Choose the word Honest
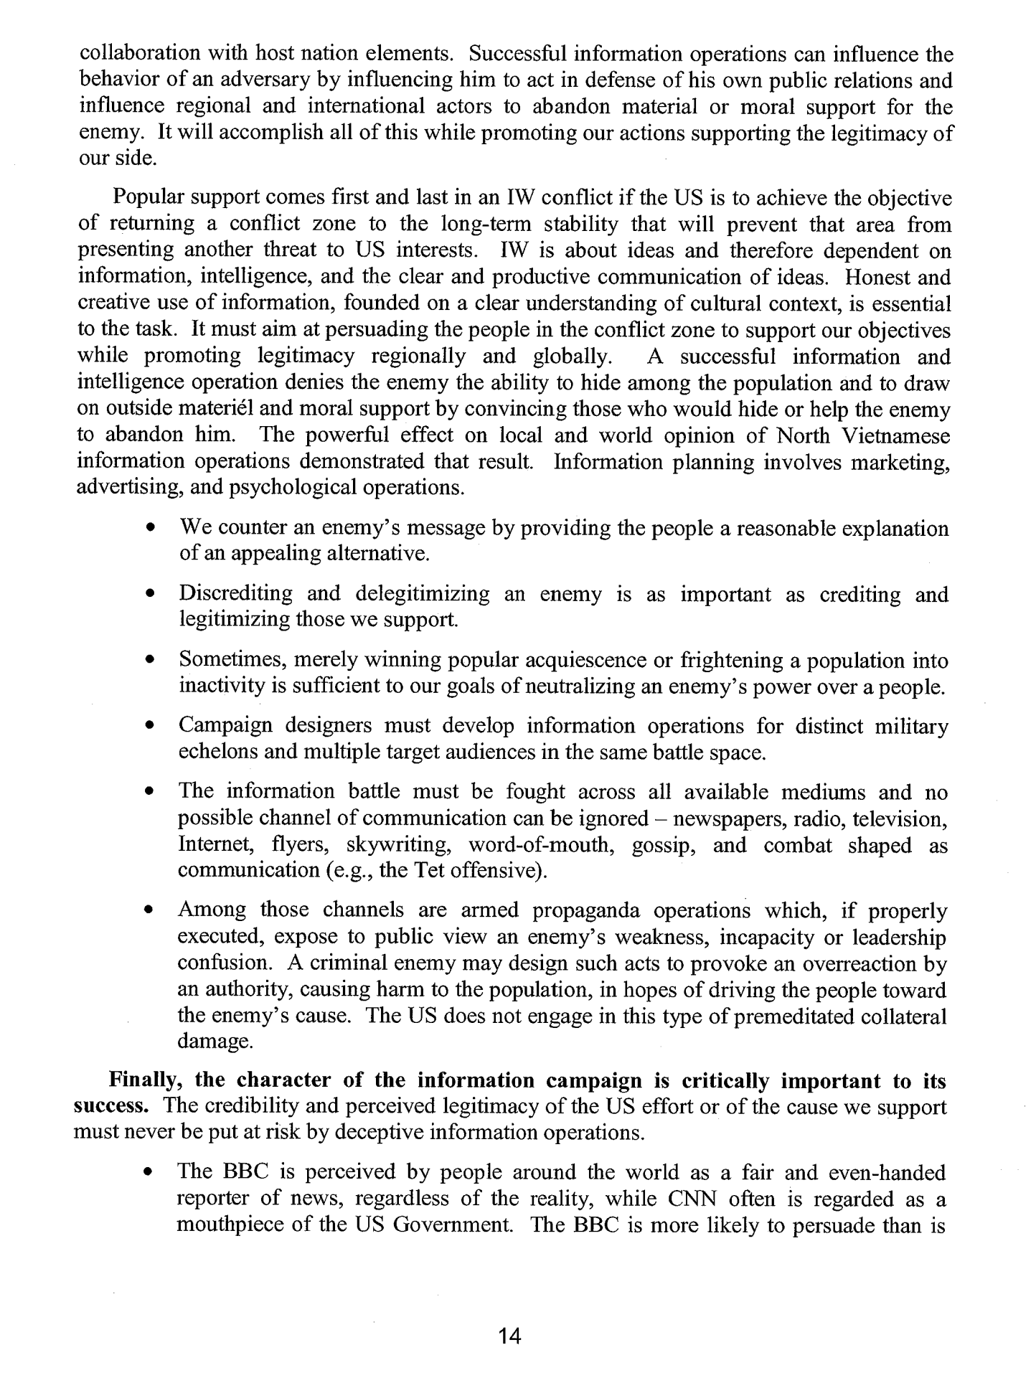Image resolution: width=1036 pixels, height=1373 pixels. pyautogui.click(x=882, y=277)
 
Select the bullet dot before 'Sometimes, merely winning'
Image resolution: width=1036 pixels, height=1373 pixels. pyautogui.click(x=150, y=660)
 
